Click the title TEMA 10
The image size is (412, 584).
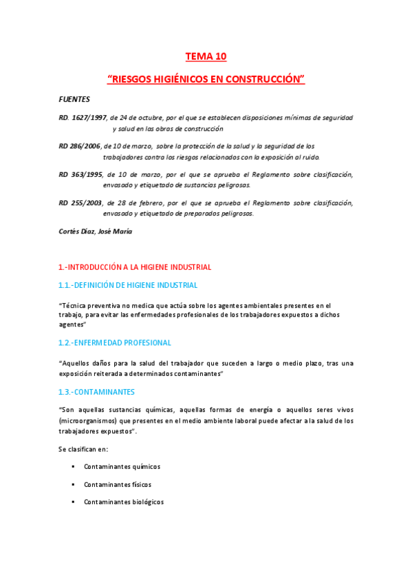tap(206, 56)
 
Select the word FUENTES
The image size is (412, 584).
tap(74, 99)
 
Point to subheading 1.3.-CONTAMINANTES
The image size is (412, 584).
tap(96, 391)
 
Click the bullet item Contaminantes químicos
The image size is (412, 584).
tap(122, 466)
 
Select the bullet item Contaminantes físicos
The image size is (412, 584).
tap(117, 484)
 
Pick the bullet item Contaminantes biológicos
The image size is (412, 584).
tap(124, 502)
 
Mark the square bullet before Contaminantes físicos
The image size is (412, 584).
tap(72, 484)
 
